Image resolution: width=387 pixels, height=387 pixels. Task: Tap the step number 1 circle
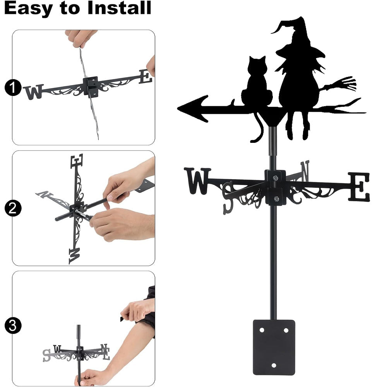(x=13, y=87)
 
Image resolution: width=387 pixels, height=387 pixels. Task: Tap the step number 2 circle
(x=13, y=208)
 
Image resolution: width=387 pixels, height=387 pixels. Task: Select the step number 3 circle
(x=13, y=325)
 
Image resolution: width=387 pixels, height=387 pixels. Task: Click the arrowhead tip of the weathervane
(x=178, y=108)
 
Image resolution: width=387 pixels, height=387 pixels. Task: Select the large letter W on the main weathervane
(x=197, y=181)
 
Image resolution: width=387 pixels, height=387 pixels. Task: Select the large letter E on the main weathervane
(x=359, y=187)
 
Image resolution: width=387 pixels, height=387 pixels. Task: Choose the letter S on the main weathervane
(x=228, y=198)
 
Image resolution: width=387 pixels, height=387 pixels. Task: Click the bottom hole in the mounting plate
(x=274, y=365)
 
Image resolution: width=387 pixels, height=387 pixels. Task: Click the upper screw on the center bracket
(x=276, y=178)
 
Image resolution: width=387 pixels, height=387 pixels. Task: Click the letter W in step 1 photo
(x=34, y=92)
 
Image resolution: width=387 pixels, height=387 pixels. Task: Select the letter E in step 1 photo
(x=146, y=77)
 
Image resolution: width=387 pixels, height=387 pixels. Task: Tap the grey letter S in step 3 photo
(x=46, y=355)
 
